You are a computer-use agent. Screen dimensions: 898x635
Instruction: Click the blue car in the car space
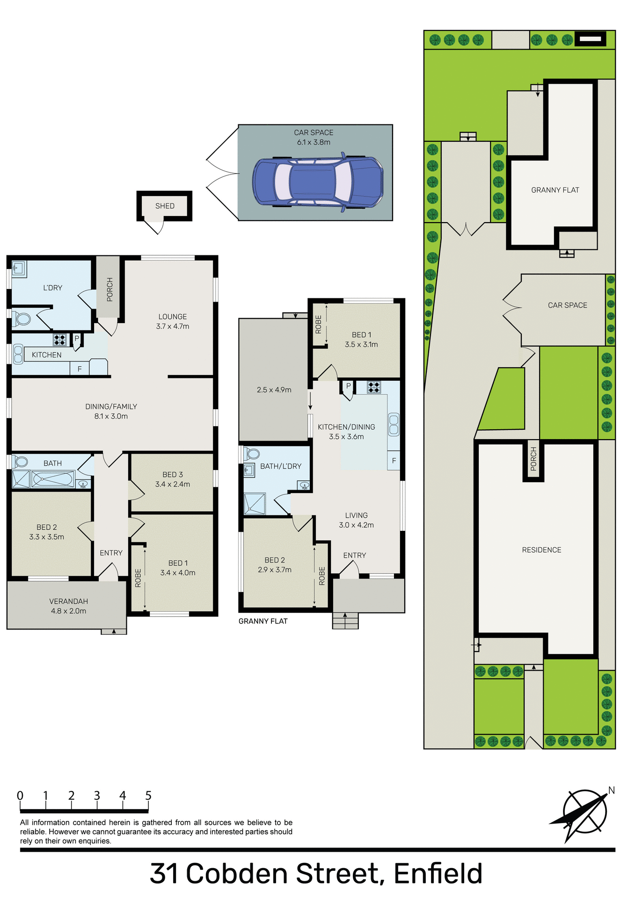pyautogui.click(x=318, y=181)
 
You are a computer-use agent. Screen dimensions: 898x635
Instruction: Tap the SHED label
pyautogui.click(x=165, y=206)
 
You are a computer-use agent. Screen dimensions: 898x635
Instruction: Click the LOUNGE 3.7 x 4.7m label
pyautogui.click(x=173, y=321)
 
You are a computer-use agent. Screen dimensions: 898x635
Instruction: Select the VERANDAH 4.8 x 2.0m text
pyautogui.click(x=69, y=606)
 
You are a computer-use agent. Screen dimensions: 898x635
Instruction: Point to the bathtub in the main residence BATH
pyautogui.click(x=52, y=479)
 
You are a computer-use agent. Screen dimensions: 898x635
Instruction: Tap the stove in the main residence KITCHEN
pyautogui.click(x=59, y=339)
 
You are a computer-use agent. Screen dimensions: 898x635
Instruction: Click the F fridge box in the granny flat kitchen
pyautogui.click(x=394, y=461)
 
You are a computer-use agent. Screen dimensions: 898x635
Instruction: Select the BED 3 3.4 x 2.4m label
pyautogui.click(x=173, y=479)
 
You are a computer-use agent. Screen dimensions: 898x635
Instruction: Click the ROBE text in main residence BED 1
pyautogui.click(x=138, y=578)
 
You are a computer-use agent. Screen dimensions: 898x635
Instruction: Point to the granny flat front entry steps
pyautogui.click(x=345, y=621)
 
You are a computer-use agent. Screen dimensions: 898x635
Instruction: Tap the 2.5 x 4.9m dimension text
pyautogui.click(x=274, y=390)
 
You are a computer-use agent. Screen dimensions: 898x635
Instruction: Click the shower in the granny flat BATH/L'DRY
pyautogui.click(x=255, y=504)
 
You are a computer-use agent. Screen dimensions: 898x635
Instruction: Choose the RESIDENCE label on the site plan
pyautogui.click(x=541, y=550)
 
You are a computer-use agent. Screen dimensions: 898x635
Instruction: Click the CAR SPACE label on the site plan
pyautogui.click(x=567, y=305)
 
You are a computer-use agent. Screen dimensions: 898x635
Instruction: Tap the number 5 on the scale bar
pyautogui.click(x=148, y=796)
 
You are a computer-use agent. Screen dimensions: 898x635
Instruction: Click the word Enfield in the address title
pyautogui.click(x=438, y=873)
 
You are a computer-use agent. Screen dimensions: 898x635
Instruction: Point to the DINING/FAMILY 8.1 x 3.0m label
pyautogui.click(x=111, y=411)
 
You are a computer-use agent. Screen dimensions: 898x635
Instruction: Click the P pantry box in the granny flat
pyautogui.click(x=348, y=386)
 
